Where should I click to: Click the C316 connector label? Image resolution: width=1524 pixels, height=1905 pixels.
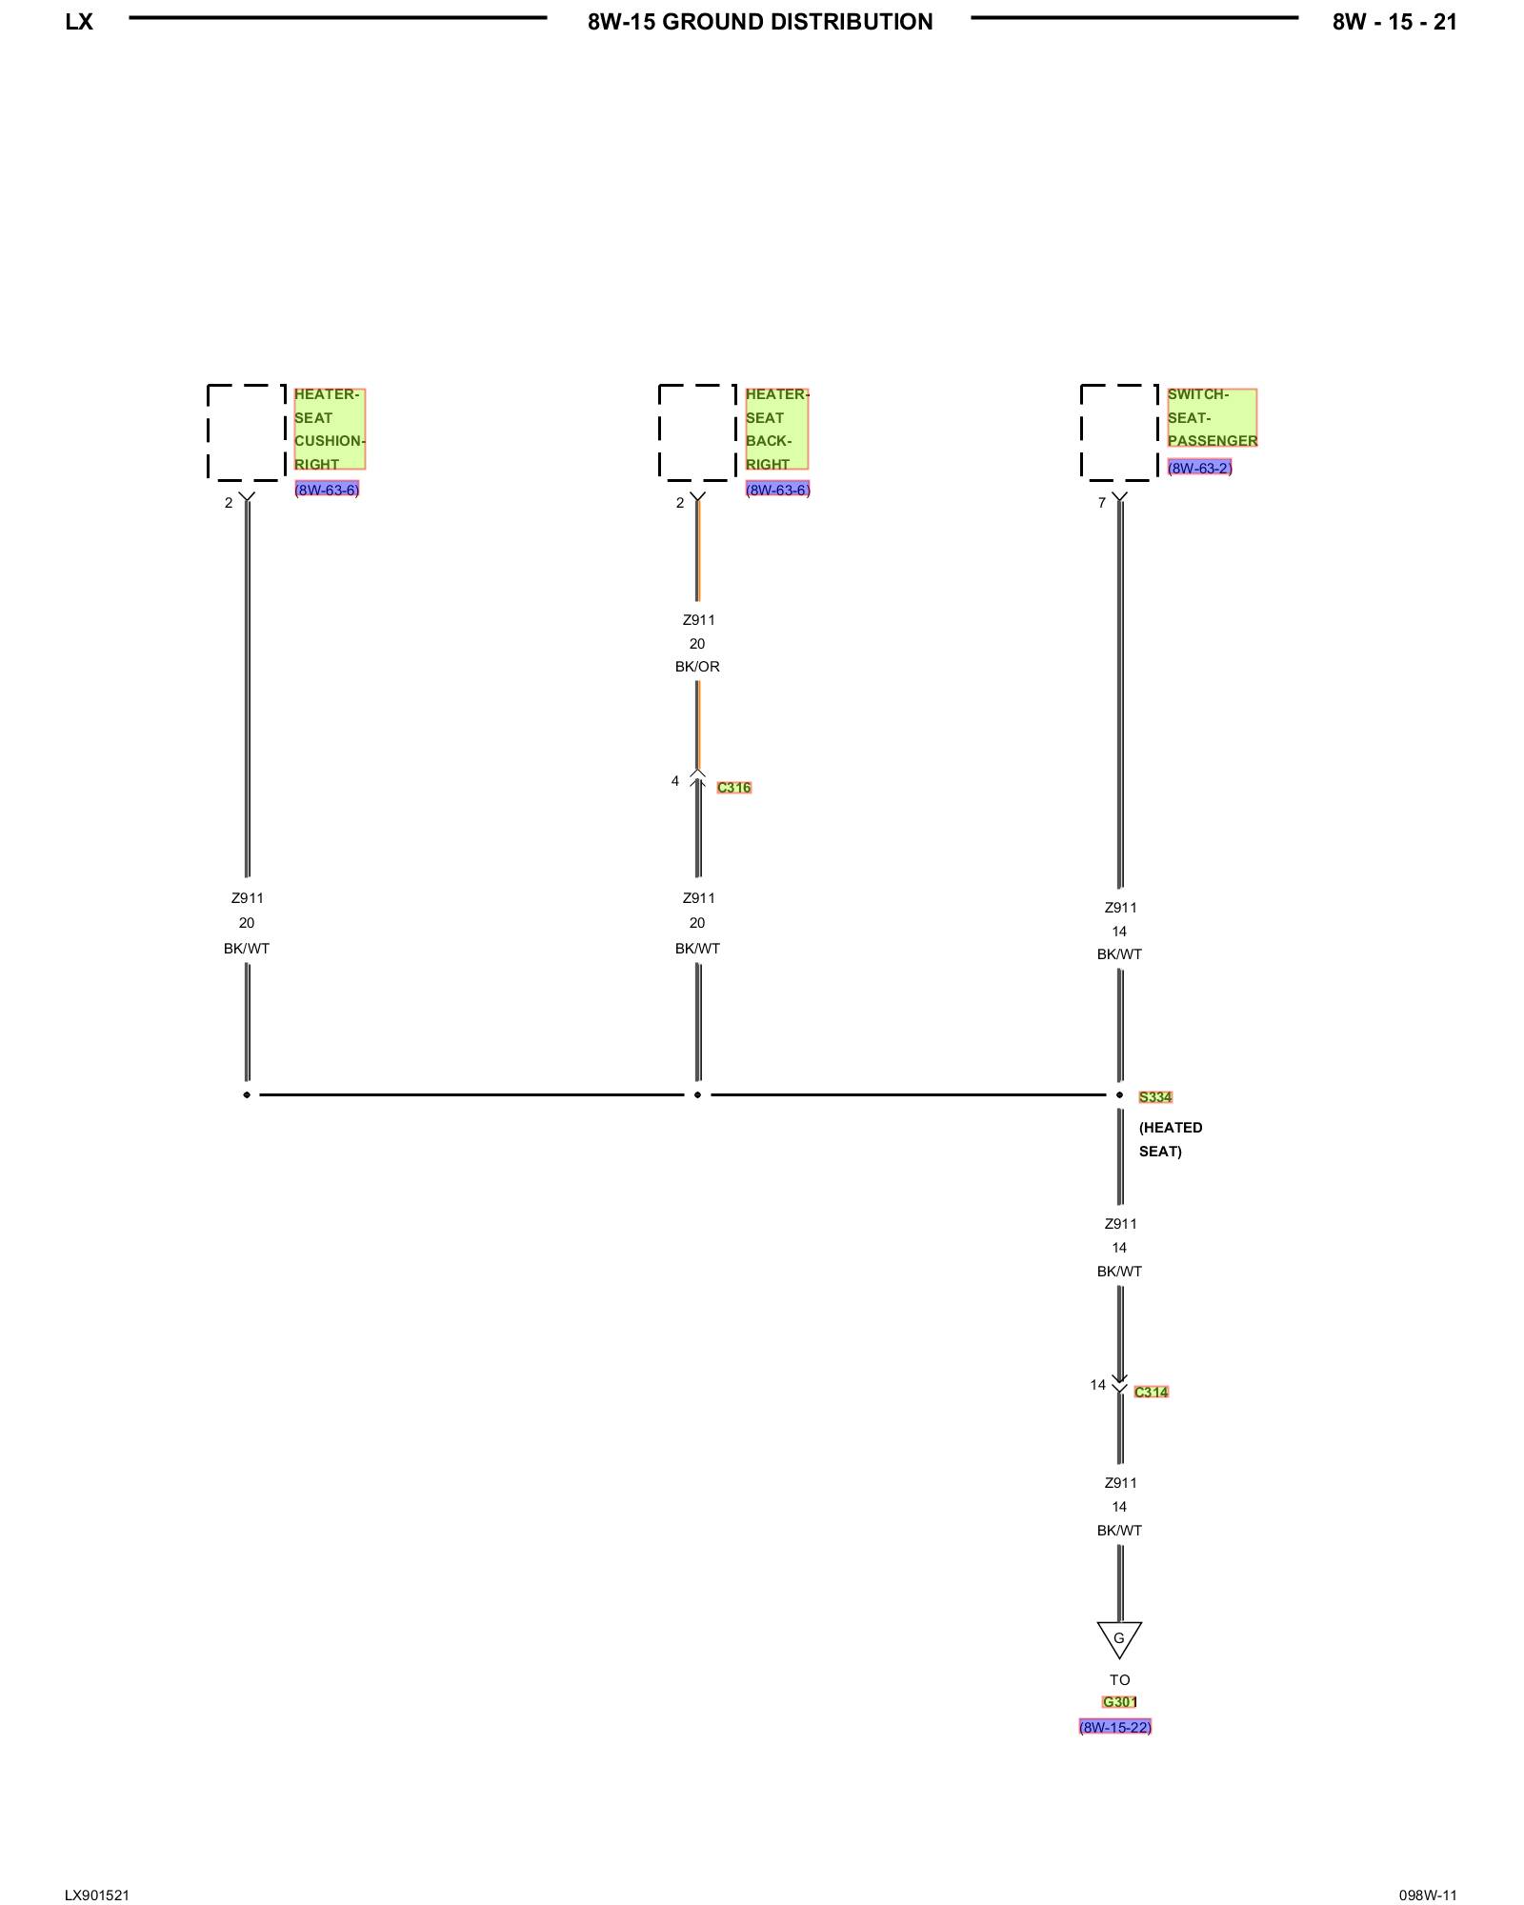733,788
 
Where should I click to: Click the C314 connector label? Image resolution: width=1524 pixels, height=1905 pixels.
1151,1392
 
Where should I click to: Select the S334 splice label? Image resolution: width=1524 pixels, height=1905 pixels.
1154,1097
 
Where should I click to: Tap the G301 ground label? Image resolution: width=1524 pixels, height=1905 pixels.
1119,1702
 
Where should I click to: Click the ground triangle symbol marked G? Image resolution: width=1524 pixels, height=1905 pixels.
1119,1638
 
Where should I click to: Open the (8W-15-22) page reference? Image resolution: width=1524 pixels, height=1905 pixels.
1114,1727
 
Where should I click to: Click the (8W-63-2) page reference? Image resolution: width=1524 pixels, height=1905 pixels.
1199,468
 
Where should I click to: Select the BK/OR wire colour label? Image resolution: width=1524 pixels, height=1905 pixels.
697,667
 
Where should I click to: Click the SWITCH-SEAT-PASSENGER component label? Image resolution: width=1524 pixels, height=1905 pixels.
1212,417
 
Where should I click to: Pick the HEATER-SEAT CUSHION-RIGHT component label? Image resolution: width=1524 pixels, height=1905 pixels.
329,429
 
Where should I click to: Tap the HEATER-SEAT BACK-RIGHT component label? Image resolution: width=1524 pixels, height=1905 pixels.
776,429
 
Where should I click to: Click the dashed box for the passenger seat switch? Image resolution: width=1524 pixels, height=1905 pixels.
1119,432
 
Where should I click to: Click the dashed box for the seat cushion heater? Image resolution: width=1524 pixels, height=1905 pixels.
246,432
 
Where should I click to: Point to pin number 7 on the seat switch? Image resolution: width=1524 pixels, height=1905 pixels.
1102,503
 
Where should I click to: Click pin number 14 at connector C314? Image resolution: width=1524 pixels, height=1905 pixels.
1097,1385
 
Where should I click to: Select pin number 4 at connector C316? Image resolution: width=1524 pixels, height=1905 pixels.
675,781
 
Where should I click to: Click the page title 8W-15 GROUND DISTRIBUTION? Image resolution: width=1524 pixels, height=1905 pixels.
760,22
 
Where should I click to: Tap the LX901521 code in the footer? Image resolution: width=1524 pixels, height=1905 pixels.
97,1895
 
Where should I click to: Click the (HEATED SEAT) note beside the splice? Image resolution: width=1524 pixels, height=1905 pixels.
1170,1139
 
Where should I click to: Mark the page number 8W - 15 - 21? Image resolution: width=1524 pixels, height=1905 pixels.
1394,22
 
